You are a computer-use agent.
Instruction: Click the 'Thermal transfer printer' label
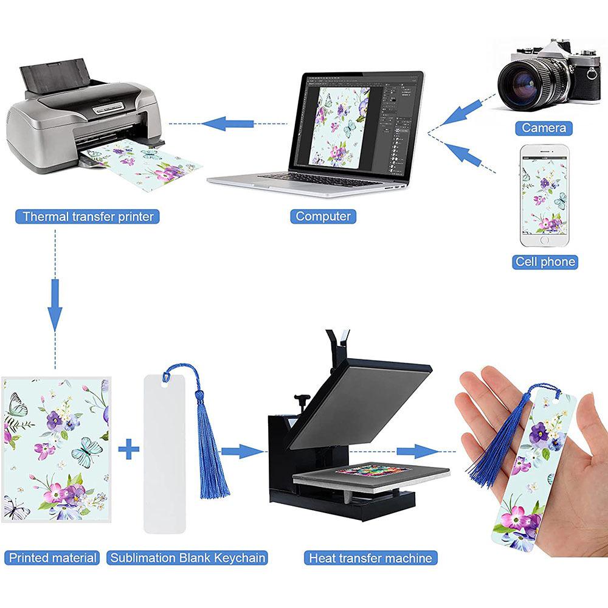pos(88,216)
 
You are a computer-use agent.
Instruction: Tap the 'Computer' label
pos(323,216)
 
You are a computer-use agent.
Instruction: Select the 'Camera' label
pos(544,128)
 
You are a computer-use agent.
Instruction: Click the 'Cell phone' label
pos(544,262)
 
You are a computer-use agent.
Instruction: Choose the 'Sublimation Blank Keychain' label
pos(188,558)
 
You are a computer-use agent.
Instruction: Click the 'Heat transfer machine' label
pos(370,558)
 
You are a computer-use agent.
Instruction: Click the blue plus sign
pos(128,451)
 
